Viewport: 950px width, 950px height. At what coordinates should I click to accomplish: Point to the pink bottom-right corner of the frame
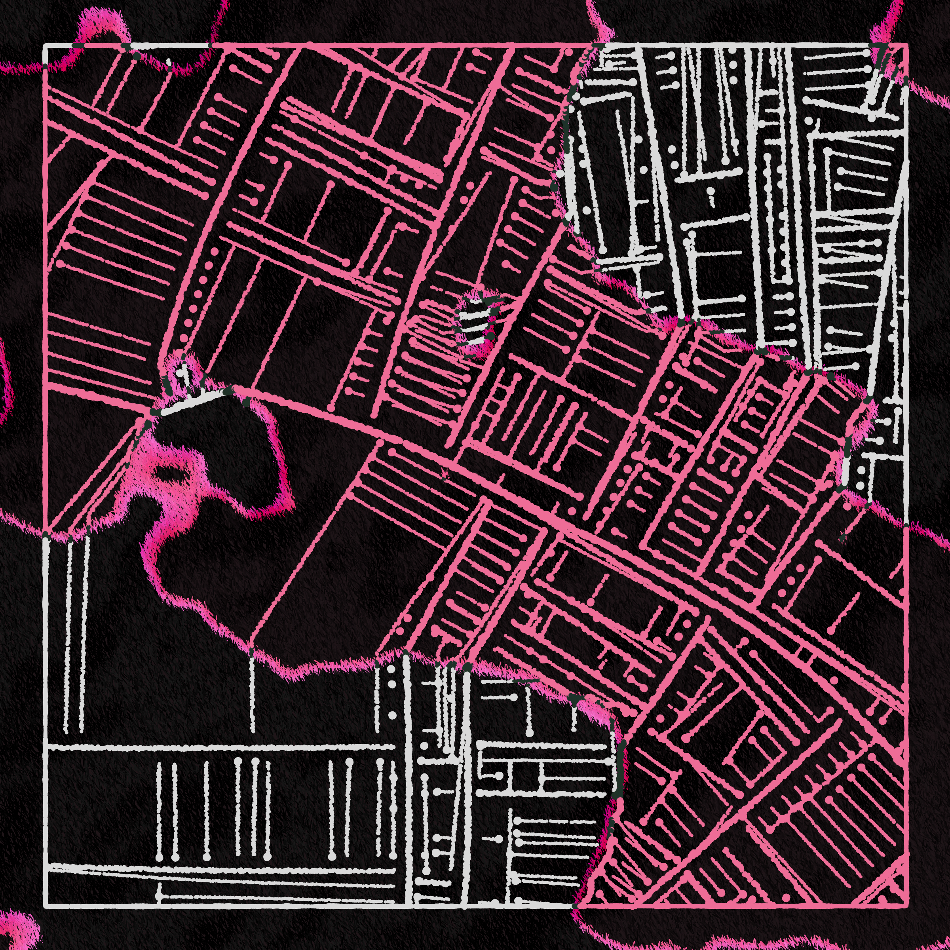click(x=906, y=905)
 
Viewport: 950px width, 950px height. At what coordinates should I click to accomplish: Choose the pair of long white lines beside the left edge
click(x=74, y=634)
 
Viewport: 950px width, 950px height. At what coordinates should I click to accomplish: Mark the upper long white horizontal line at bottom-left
click(x=221, y=747)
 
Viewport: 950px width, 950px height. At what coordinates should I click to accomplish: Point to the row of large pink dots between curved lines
click(x=199, y=295)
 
